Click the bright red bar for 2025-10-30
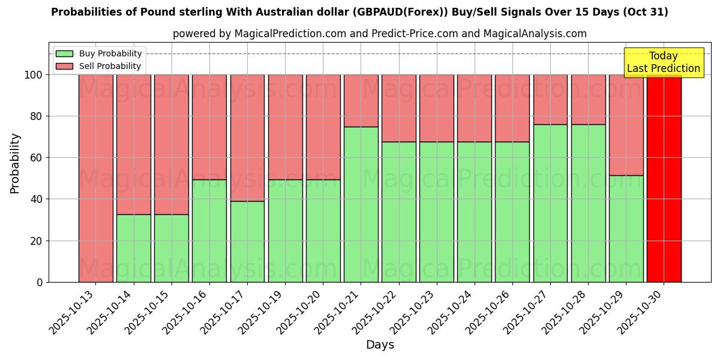coord(664,178)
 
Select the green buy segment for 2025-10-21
coord(361,204)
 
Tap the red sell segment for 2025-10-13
coord(96,178)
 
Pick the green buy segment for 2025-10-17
coord(247,241)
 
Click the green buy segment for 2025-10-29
coord(626,229)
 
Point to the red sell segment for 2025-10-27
coord(550,100)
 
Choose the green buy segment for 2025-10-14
coord(134,248)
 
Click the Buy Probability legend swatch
coord(64,54)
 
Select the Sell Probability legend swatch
coord(64,66)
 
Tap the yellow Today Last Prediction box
coord(664,62)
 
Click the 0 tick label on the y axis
coord(40,282)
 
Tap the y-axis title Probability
coord(15,163)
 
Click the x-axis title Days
coord(380,345)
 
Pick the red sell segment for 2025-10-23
coord(437,108)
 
